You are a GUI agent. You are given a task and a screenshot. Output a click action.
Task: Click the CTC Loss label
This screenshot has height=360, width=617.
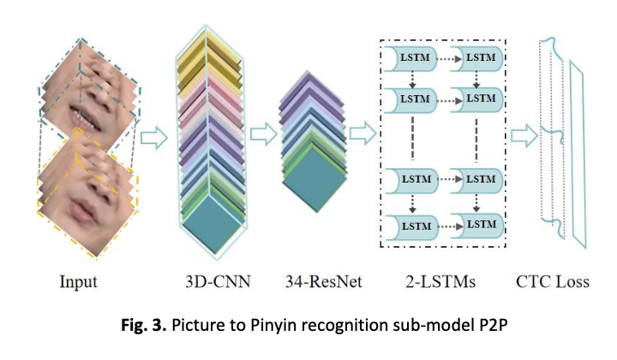tap(552, 281)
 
